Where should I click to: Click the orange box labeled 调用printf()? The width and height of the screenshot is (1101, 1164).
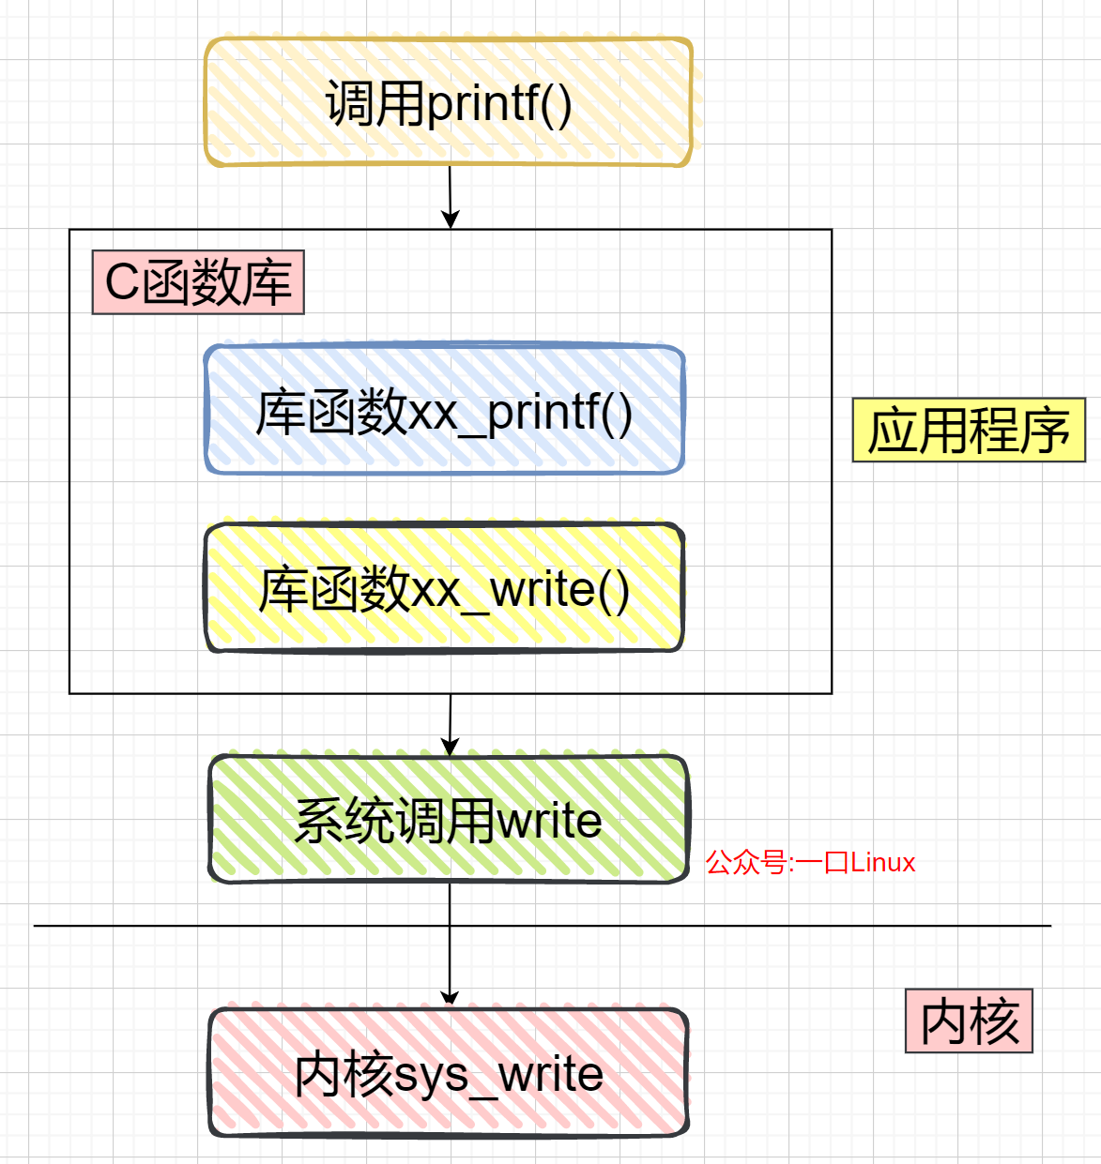pyautogui.click(x=449, y=102)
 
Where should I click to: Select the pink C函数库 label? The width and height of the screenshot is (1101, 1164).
pyautogui.click(x=198, y=282)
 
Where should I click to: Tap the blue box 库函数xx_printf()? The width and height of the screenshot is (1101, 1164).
pyautogui.click(x=444, y=411)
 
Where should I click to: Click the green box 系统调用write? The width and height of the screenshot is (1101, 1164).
pyautogui.click(x=449, y=820)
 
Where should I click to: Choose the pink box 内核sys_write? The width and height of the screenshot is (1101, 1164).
pyautogui.click(x=449, y=1073)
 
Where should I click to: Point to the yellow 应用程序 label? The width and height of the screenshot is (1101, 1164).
pyautogui.click(x=969, y=431)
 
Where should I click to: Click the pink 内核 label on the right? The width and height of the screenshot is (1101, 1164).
pyautogui.click(x=969, y=1020)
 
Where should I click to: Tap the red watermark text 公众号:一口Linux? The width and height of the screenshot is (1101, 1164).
pyautogui.click(x=810, y=862)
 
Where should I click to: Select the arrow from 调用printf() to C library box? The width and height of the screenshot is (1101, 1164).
pyautogui.click(x=450, y=197)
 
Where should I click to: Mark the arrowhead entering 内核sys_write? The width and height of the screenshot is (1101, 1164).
pyautogui.click(x=450, y=997)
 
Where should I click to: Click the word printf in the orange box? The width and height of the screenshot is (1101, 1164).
pyautogui.click(x=484, y=103)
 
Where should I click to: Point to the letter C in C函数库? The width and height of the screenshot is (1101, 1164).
pyautogui.click(x=122, y=282)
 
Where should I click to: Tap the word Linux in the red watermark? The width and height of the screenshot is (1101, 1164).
pyautogui.click(x=882, y=862)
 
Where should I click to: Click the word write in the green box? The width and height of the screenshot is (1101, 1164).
pyautogui.click(x=549, y=821)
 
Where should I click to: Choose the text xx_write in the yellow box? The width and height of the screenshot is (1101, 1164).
pyautogui.click(x=503, y=590)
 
